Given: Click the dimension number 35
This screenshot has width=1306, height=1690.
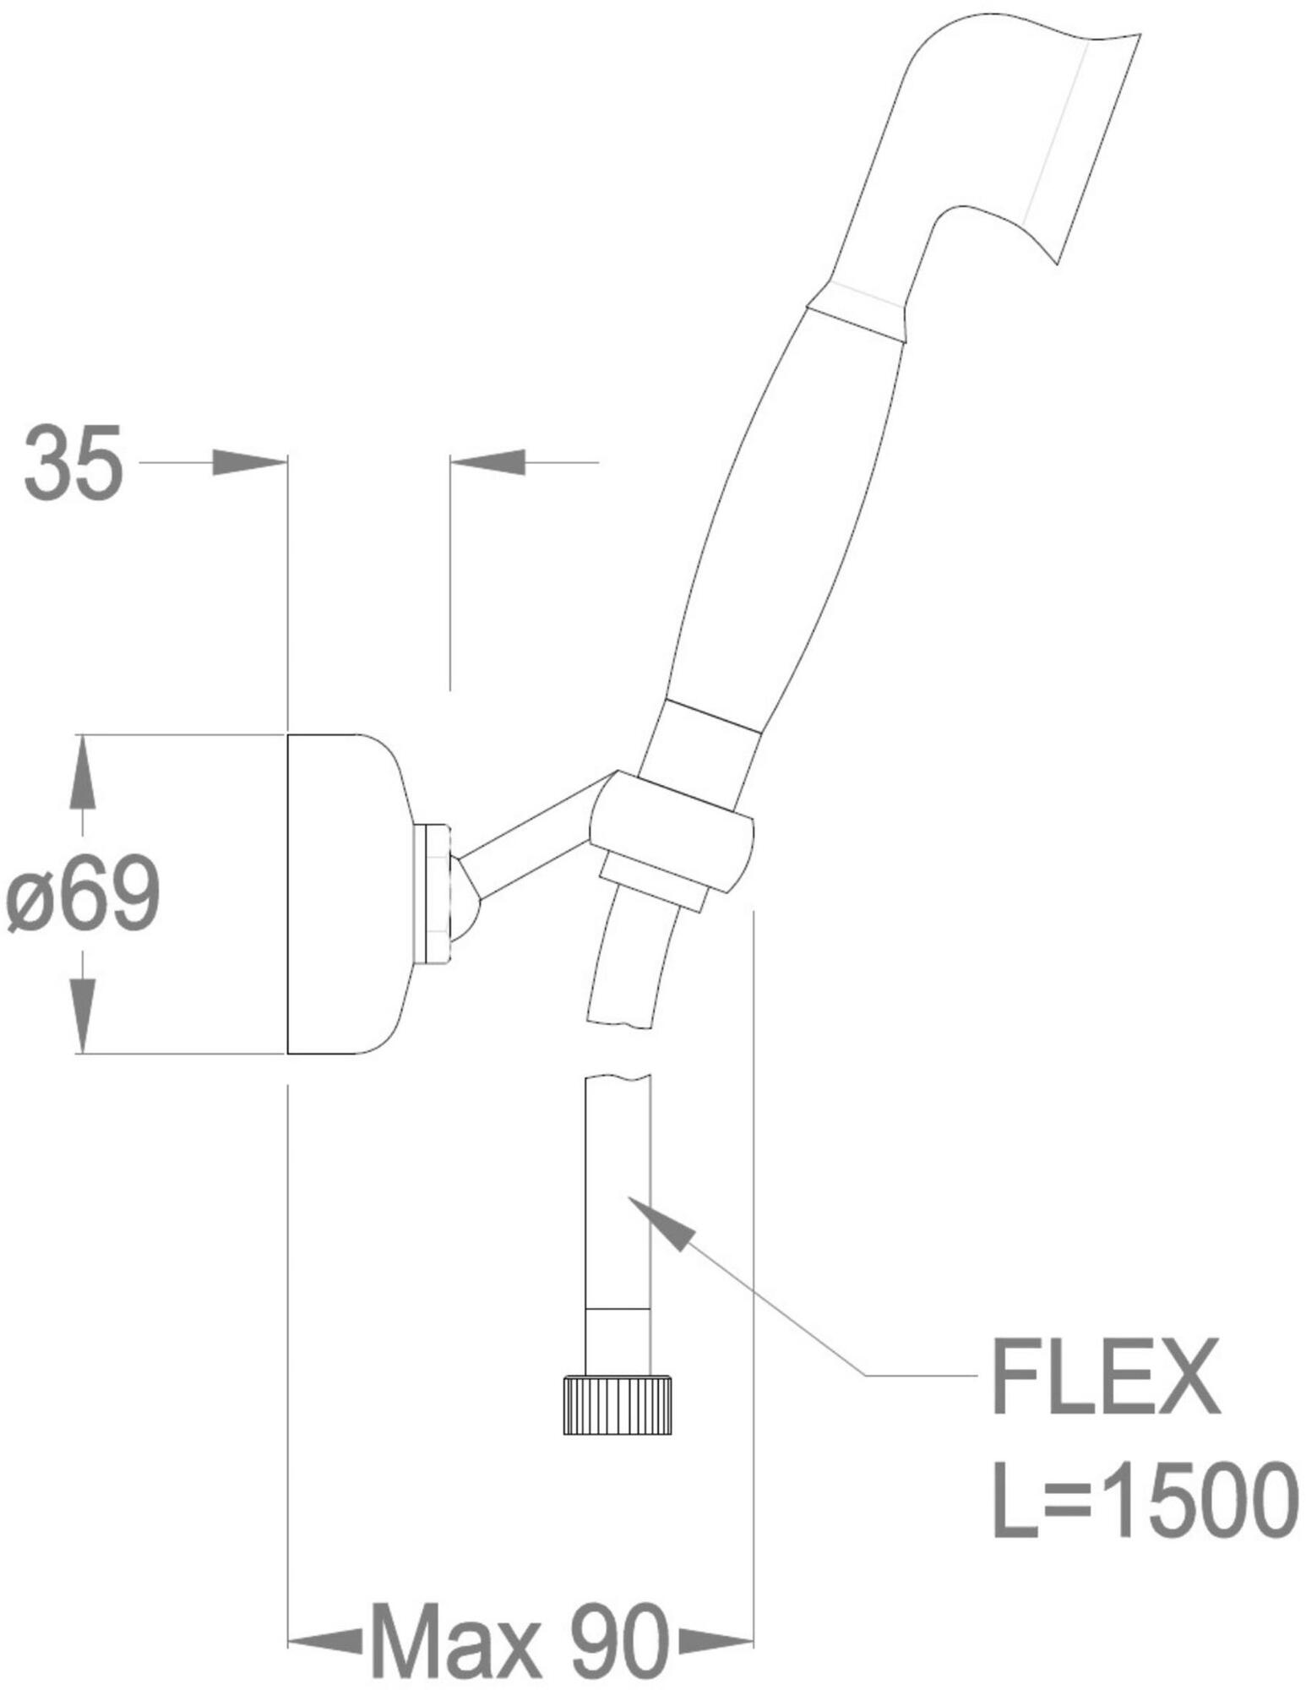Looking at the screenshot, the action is point(73,462).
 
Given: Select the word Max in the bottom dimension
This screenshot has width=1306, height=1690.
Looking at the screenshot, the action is point(455,1618).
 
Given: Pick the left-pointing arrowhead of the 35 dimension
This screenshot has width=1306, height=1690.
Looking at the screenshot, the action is point(487,462).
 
